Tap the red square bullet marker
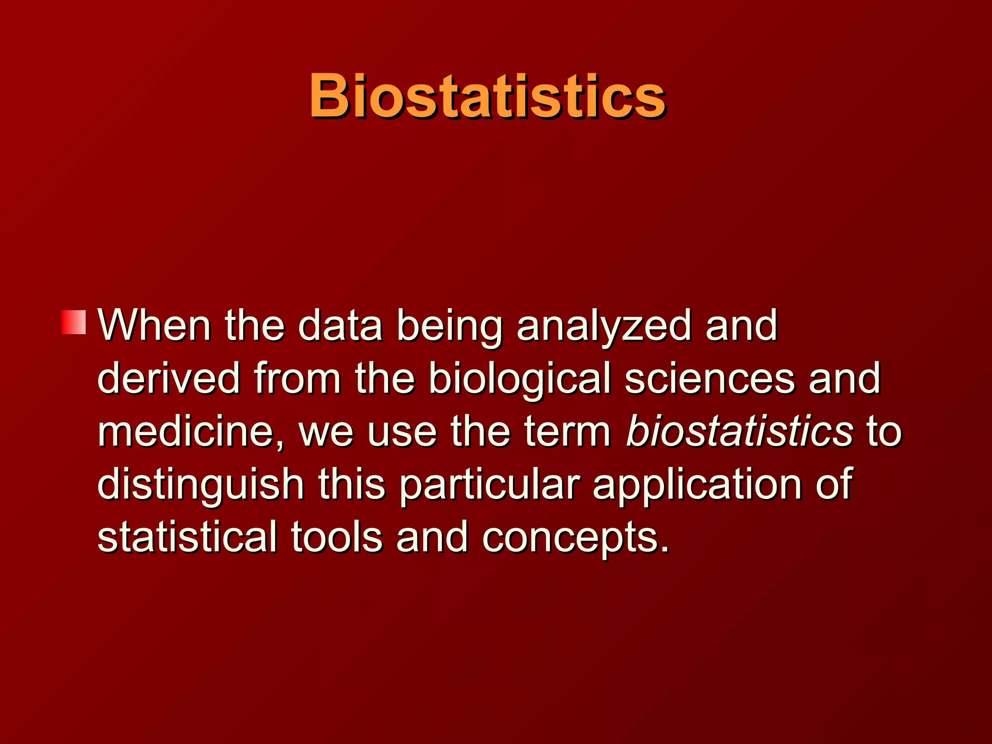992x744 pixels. pos(74,322)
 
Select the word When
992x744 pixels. pos(155,325)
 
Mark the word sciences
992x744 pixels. pos(710,379)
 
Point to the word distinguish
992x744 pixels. pos(201,486)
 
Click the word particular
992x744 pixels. pos(489,486)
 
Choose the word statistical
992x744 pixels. pos(187,538)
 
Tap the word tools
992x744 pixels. pos(337,538)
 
